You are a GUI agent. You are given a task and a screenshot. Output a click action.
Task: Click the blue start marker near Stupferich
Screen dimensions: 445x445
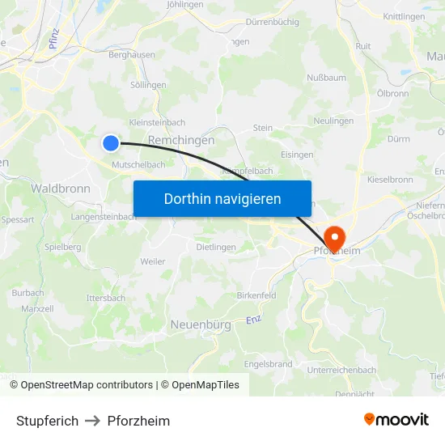111,143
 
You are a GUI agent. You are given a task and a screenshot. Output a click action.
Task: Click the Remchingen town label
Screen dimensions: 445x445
181,140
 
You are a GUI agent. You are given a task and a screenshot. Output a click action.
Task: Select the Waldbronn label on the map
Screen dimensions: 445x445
60,188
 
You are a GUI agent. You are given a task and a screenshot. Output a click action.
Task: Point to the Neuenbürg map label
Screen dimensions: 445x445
201,324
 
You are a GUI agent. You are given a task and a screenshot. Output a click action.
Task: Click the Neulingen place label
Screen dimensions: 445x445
333,121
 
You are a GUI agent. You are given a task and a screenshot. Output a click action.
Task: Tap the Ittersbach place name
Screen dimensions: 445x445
106,298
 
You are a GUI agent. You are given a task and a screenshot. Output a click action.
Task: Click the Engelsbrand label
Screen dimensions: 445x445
268,364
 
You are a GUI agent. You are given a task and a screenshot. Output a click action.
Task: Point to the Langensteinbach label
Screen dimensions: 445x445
104,217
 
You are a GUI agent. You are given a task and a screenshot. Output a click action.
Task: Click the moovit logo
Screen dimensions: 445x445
396,420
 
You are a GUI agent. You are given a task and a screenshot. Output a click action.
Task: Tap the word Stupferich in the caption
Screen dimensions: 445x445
48,421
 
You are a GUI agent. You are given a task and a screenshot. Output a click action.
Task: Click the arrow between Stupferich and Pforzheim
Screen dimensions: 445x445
93,421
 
